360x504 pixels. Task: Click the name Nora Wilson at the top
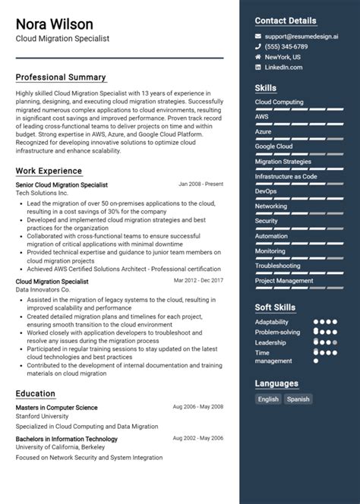pos(54,24)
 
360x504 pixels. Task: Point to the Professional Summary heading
pos(61,77)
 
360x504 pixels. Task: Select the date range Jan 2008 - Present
pos(201,184)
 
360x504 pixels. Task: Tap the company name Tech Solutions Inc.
pos(42,194)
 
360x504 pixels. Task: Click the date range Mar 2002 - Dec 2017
pos(198,281)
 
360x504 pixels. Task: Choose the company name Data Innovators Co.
pos(45,290)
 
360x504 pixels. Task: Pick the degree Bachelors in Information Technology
pos(66,439)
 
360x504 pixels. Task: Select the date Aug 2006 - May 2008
pos(197,407)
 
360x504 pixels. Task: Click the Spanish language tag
pos(298,398)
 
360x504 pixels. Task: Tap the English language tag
pos(268,398)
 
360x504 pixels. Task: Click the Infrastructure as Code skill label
pos(286,176)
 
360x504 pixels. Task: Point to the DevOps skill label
pos(266,191)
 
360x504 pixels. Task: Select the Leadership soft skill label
pos(271,342)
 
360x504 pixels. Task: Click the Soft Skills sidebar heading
pos(275,307)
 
